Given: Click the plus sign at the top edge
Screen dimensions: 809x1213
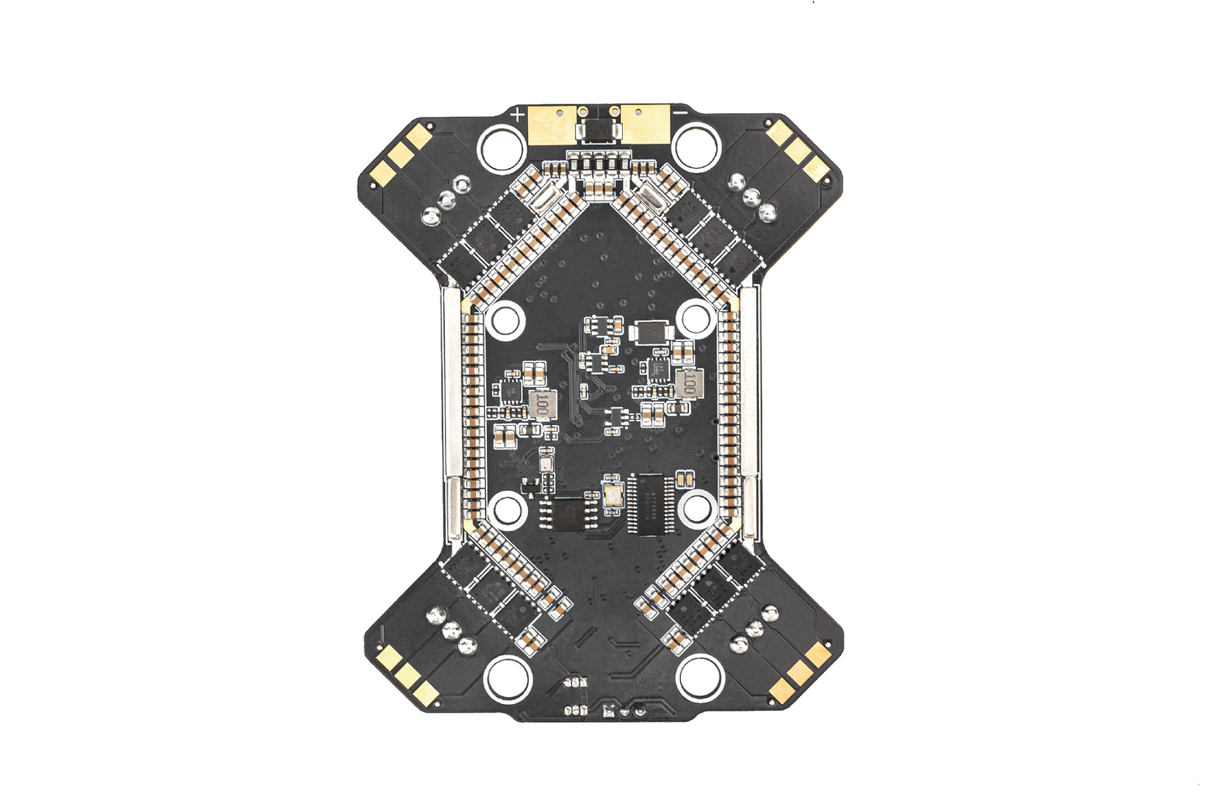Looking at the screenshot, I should pos(518,113).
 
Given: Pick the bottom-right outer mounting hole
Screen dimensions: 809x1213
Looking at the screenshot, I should pos(701,676).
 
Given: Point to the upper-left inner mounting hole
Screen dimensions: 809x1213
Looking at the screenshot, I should pos(505,319).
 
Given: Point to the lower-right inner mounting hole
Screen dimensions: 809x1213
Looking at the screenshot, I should pos(697,507).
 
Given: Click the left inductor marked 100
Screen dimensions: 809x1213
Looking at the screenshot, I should pos(543,407).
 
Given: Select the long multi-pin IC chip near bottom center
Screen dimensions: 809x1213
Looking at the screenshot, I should pos(650,504).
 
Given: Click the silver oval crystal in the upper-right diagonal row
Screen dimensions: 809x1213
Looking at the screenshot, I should pos(652,198).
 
